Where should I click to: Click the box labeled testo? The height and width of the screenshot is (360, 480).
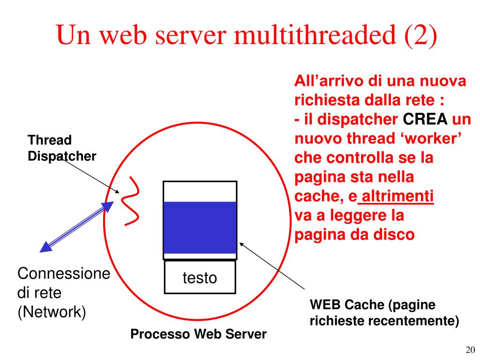[200, 277]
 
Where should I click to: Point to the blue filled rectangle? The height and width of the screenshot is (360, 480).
[200, 227]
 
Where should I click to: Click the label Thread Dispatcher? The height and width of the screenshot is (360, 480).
[61, 148]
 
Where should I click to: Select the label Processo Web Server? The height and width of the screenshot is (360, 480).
[198, 334]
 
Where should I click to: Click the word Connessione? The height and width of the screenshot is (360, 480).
[63, 274]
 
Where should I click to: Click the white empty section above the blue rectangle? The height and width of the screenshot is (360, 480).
[200, 191]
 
